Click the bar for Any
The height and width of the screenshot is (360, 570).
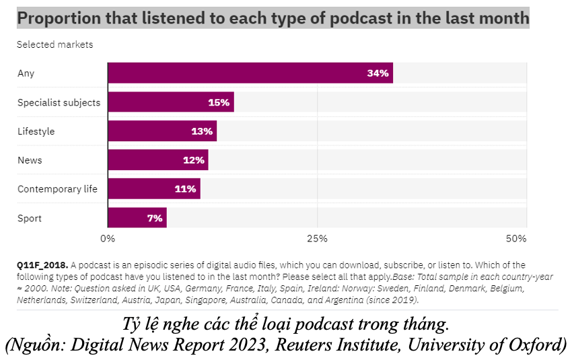coord(249,73)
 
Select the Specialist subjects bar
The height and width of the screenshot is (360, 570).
coord(170,102)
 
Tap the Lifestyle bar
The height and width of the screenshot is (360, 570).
coord(162,131)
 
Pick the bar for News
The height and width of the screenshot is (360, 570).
coord(157,160)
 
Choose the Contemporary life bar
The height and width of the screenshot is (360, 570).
coord(153,189)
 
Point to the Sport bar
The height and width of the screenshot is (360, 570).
coord(137,218)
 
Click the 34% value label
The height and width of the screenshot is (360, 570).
coord(378,73)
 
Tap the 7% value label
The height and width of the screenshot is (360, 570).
coord(155,218)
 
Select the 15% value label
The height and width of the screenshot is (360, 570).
coord(219,102)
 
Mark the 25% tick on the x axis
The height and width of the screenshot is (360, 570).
coord(317,239)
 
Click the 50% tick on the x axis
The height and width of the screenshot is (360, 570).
coord(516,239)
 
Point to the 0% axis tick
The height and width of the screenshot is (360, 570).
coord(108,239)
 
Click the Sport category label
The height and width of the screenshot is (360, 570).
coord(30,218)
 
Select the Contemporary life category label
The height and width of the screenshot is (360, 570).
coord(57,189)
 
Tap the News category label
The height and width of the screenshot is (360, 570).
coord(30,160)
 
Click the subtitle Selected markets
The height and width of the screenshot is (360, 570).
coord(55,45)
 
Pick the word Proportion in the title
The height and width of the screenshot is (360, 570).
coord(57,18)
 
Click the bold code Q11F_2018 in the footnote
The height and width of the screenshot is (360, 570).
coord(42,265)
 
